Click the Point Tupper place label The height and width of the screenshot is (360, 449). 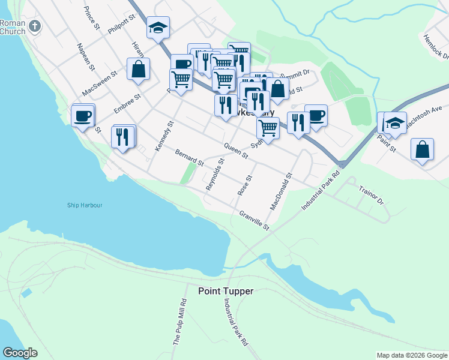[226, 291]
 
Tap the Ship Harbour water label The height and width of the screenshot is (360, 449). [84, 205]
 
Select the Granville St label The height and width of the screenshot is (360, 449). [255, 221]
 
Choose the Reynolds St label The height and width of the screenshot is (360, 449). [214, 175]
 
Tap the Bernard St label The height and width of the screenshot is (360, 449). [190, 158]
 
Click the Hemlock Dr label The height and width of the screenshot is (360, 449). [436, 47]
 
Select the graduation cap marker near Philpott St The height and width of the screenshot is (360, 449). [158, 28]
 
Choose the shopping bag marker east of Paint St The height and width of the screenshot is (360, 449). [423, 149]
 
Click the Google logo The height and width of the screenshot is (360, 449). [20, 353]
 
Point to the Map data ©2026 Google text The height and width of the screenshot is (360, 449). [411, 355]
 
